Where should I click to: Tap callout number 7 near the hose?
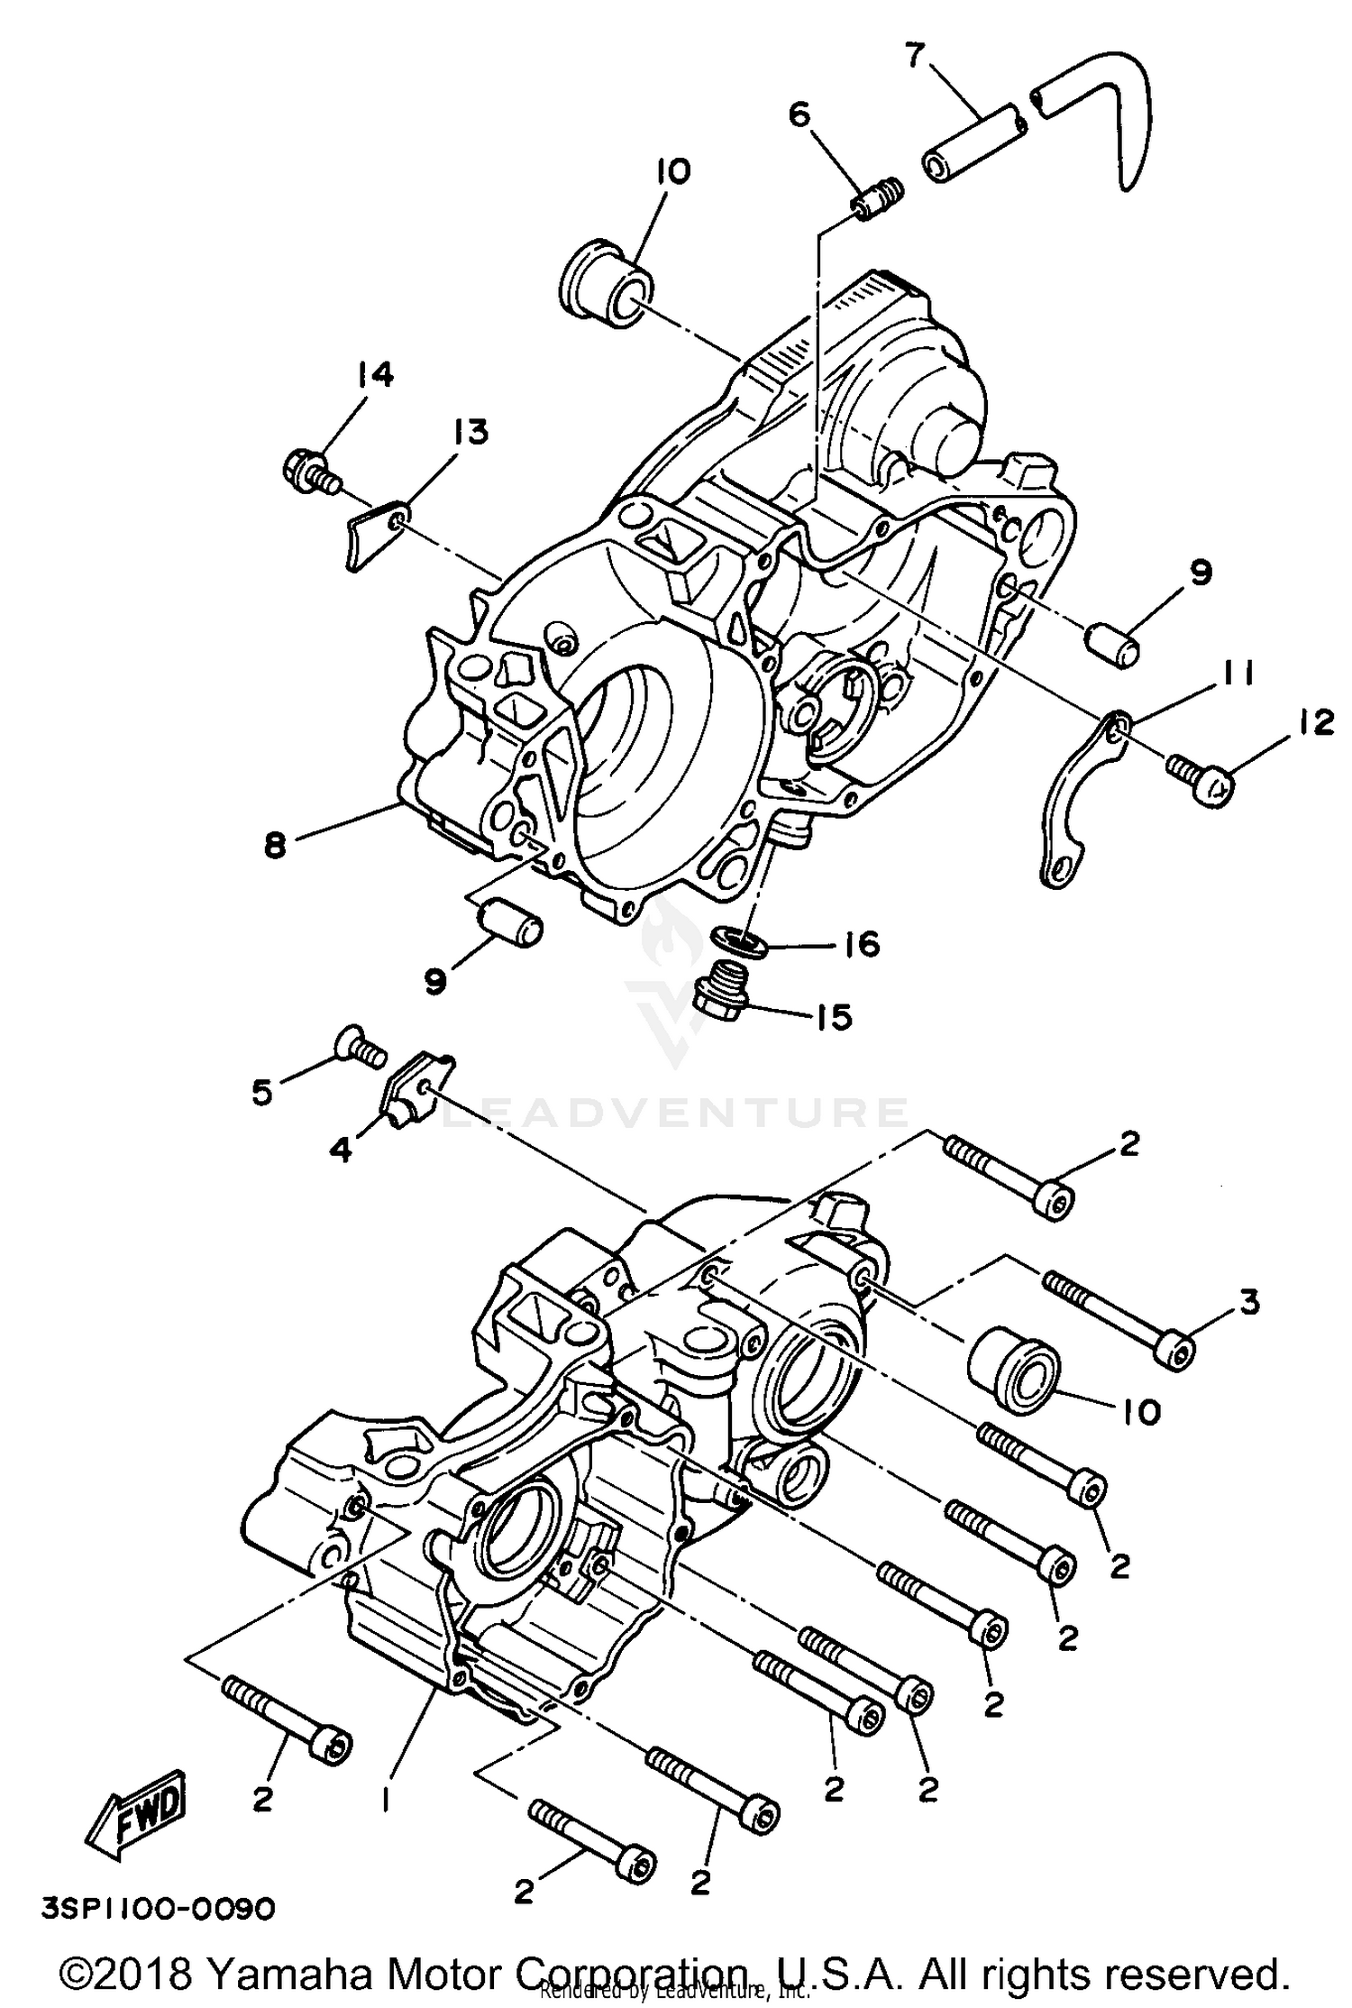coord(914,56)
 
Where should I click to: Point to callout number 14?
coord(375,373)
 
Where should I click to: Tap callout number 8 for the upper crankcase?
coord(276,845)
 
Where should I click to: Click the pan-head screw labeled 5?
coord(359,1048)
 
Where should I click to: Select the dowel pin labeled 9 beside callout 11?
coord(1110,645)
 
